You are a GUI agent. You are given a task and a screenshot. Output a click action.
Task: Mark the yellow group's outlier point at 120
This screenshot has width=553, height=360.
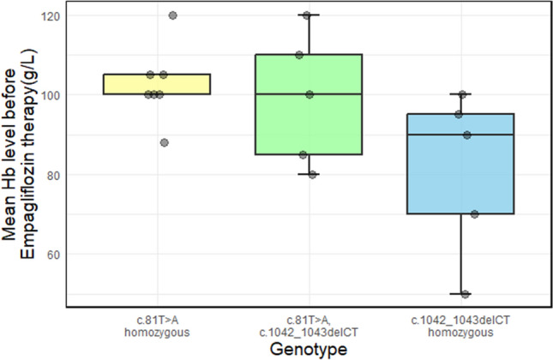click(x=172, y=15)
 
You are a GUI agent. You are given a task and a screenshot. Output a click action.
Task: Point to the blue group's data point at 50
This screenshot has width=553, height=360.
click(x=466, y=294)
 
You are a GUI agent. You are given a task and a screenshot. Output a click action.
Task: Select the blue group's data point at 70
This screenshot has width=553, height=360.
click(x=474, y=214)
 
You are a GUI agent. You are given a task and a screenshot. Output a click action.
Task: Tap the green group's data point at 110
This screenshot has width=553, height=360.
click(x=299, y=55)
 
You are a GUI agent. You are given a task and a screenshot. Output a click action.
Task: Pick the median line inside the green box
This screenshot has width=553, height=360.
click(x=309, y=94)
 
